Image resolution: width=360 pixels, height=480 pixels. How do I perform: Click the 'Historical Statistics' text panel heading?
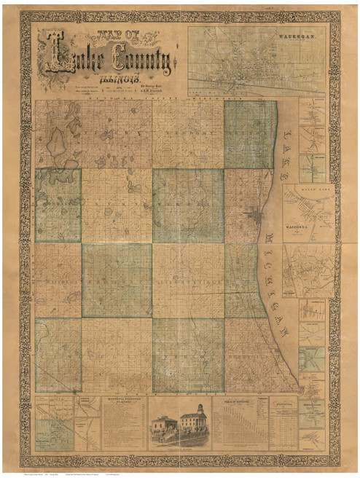point(125,401)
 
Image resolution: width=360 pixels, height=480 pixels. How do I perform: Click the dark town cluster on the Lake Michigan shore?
point(251,218)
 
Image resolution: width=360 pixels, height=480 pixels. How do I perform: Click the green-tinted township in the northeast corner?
point(250,135)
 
